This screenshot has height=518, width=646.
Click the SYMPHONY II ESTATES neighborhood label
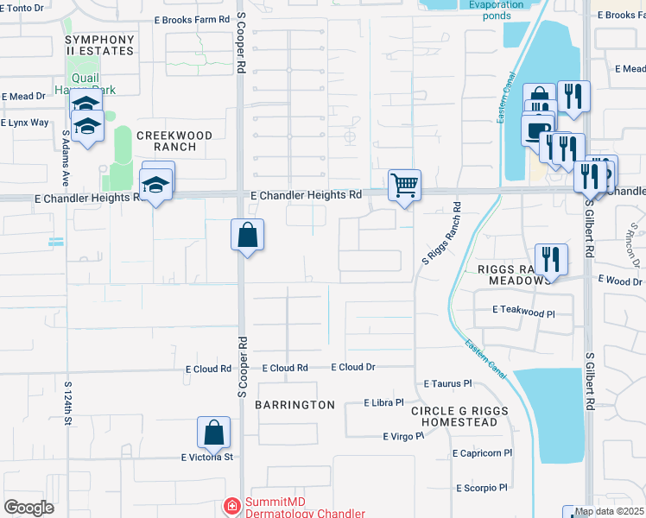[x=100, y=46]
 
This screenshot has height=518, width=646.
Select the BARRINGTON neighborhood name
[x=295, y=405]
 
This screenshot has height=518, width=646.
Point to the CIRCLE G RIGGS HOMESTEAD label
[x=454, y=416]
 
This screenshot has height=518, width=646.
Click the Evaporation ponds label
[x=496, y=9]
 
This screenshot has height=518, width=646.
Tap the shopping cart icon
[x=404, y=185]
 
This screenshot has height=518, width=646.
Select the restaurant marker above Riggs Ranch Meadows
[x=550, y=258]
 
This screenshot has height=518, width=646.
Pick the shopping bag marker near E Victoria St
[x=213, y=432]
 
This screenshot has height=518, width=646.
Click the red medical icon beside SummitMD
[x=231, y=506]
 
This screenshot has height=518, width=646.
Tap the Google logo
[x=28, y=508]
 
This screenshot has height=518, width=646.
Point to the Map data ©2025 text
[x=609, y=512]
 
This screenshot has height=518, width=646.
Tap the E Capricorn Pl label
[x=482, y=452]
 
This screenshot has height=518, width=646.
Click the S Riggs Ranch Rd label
[x=440, y=233]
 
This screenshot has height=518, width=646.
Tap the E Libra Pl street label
[x=384, y=402]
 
